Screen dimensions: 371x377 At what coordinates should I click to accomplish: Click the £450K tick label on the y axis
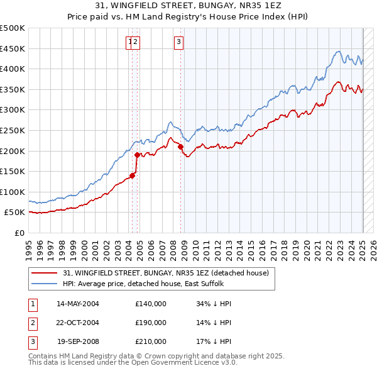[x=13, y=48]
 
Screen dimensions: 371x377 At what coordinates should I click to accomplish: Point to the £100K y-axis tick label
[x=13, y=192]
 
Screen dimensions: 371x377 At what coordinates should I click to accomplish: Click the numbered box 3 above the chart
[x=178, y=42]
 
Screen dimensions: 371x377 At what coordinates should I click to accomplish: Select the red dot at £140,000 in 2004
[x=133, y=175]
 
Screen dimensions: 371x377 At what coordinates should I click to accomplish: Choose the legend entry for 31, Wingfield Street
[x=166, y=273]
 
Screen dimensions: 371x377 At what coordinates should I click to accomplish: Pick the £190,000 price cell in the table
[x=150, y=323]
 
